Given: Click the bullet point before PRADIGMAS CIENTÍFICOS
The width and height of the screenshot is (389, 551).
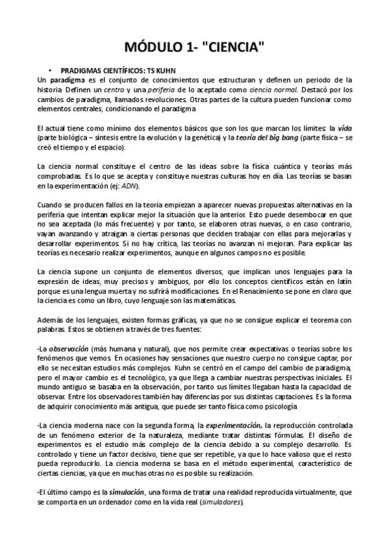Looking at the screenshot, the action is (50, 69).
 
